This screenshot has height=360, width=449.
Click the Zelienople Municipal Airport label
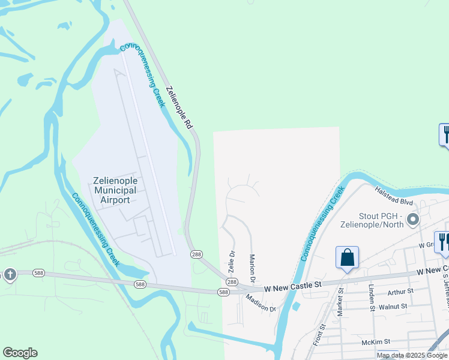(x=115, y=190)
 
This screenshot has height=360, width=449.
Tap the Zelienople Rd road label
(x=179, y=108)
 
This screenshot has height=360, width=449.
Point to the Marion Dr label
(x=253, y=268)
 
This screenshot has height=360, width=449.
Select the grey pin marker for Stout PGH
(x=412, y=220)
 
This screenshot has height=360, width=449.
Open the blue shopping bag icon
(x=347, y=259)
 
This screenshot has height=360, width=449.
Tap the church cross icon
(x=9, y=275)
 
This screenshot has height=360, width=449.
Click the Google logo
(x=20, y=353)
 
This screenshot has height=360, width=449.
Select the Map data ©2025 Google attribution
(x=412, y=355)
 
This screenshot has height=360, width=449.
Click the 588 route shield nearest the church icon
(x=38, y=272)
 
